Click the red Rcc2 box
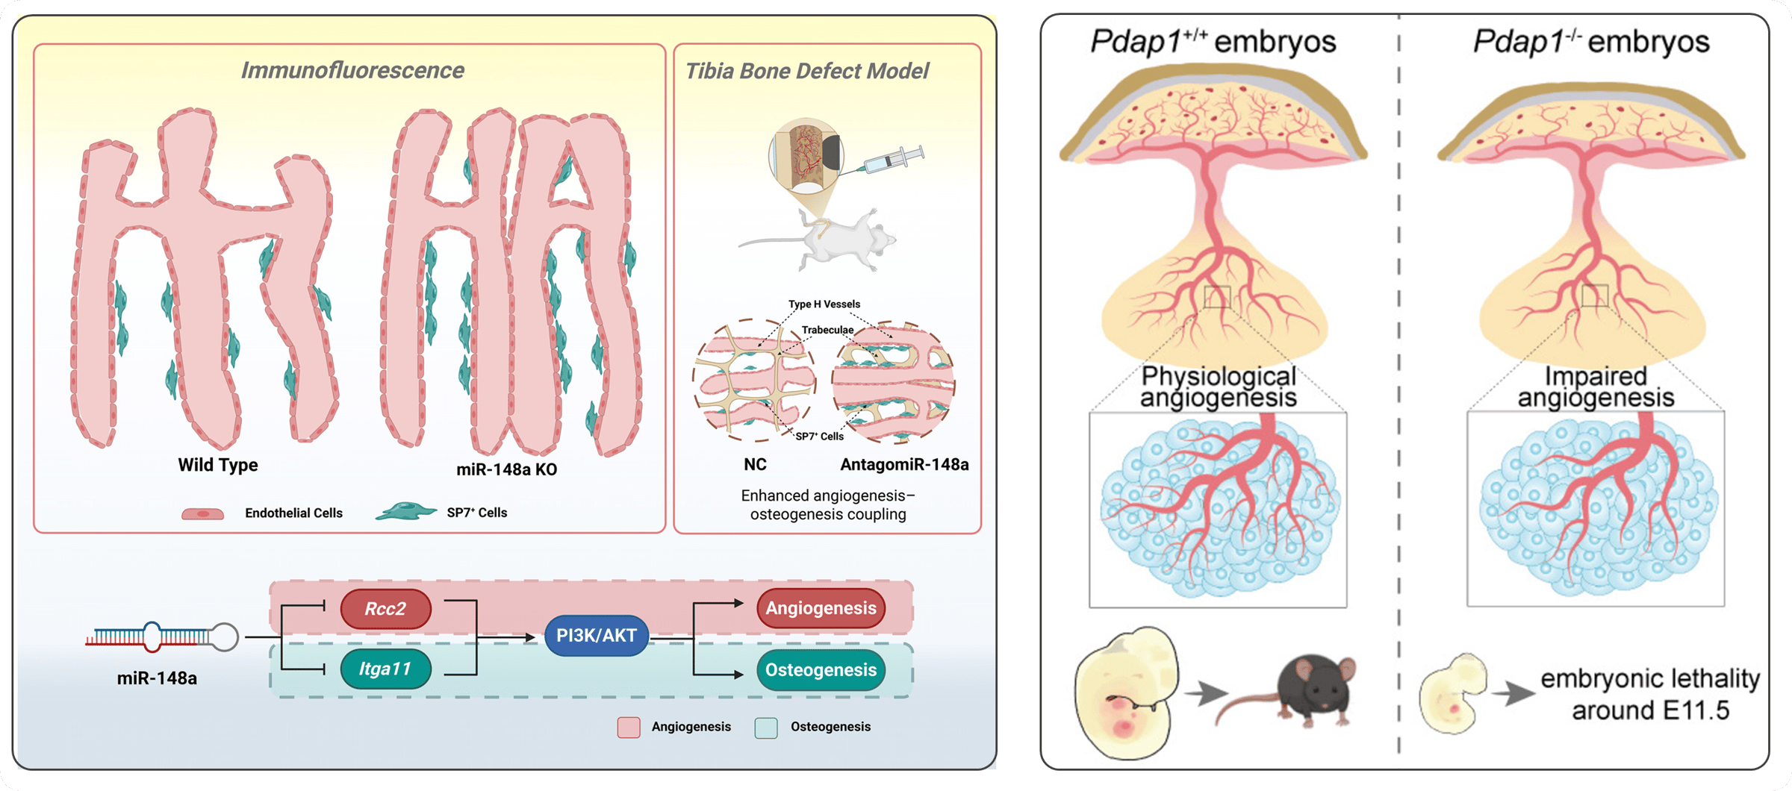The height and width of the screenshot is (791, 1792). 385,608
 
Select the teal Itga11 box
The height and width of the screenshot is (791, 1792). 385,669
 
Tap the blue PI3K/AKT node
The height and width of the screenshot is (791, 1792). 596,635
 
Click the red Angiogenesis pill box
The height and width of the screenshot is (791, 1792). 821,608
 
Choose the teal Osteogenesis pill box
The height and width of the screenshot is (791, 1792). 821,669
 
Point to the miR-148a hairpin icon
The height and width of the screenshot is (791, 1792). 162,637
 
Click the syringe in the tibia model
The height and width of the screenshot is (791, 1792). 894,160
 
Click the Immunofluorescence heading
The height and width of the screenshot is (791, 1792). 352,70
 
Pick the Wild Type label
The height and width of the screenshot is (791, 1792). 217,465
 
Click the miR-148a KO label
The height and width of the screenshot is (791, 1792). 506,469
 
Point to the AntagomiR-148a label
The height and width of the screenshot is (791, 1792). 904,465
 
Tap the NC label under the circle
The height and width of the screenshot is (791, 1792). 755,465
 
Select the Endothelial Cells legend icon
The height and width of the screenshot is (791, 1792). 202,514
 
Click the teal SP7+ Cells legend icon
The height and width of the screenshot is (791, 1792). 405,512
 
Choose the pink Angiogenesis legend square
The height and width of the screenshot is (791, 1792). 629,728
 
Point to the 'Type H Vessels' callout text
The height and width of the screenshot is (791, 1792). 824,304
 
